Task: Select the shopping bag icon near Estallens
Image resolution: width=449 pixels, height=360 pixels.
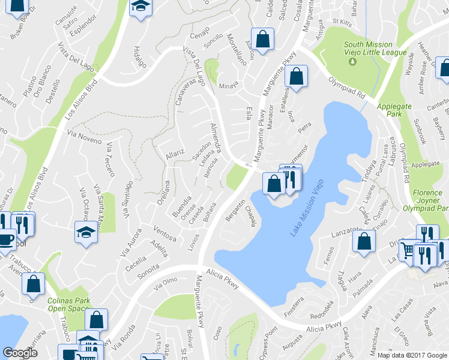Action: coord(297,76)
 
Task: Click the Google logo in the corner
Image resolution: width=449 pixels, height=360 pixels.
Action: coord(20,353)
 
